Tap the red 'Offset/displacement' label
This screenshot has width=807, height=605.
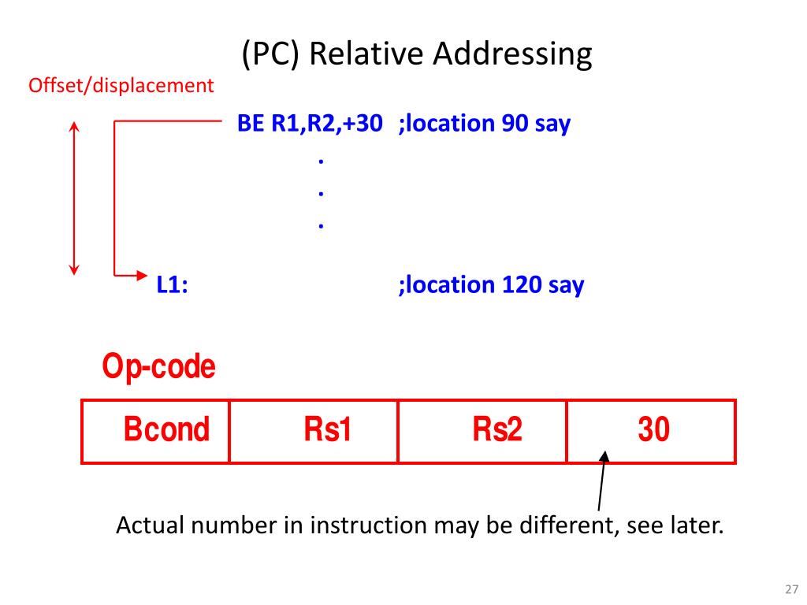click(121, 85)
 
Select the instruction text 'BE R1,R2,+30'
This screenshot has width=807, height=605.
click(311, 124)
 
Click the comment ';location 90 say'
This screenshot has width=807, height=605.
click(484, 124)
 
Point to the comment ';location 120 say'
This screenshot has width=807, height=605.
click(491, 284)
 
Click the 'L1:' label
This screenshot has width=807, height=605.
click(172, 284)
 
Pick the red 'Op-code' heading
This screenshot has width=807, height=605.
click(158, 367)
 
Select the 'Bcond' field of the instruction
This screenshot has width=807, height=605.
click(166, 430)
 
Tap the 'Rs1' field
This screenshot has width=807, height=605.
click(327, 430)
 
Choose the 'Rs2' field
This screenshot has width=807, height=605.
click(496, 430)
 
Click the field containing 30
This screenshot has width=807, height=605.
click(653, 430)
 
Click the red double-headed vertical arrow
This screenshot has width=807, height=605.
click(74, 198)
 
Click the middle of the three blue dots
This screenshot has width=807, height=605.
click(321, 191)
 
